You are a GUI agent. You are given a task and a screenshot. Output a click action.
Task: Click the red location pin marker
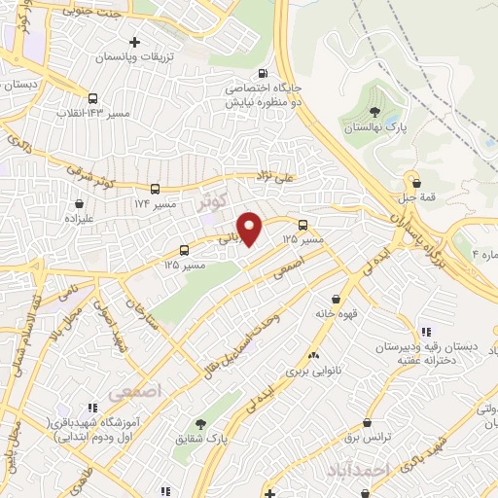[250, 229]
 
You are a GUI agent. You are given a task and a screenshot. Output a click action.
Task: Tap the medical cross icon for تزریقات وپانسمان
[134, 43]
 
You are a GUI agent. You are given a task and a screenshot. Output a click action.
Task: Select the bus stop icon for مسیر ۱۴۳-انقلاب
[92, 98]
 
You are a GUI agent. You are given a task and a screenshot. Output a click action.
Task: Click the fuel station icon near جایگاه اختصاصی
[264, 74]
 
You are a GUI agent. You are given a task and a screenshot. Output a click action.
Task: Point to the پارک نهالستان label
[374, 127]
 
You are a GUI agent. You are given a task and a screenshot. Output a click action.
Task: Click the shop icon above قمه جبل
[416, 182]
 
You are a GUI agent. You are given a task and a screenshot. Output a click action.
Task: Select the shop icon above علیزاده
[79, 204]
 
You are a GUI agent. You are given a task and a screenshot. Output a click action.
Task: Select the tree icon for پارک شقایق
[201, 423]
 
